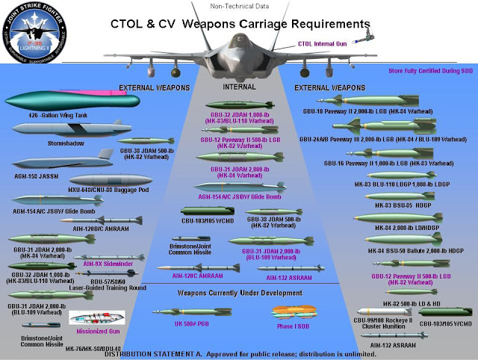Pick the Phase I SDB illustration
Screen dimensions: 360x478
(293, 312)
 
